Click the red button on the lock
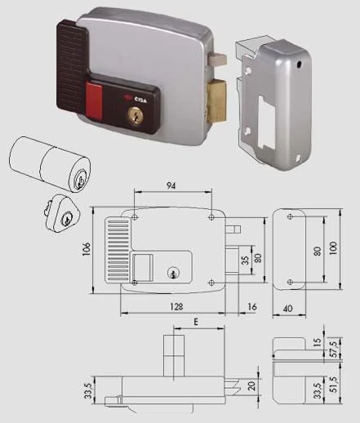(94, 101)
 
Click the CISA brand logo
(136, 100)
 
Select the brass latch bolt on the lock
(217, 100)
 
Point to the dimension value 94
(171, 185)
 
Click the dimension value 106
(87, 248)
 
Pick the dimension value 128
(176, 307)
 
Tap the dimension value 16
(252, 307)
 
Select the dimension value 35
(245, 260)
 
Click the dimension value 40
(288, 309)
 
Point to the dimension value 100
(333, 248)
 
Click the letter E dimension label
(196, 322)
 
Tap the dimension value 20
(251, 385)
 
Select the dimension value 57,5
(335, 350)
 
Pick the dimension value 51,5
(335, 385)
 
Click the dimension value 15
(318, 341)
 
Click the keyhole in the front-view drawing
(173, 273)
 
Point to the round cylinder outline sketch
(50, 163)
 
